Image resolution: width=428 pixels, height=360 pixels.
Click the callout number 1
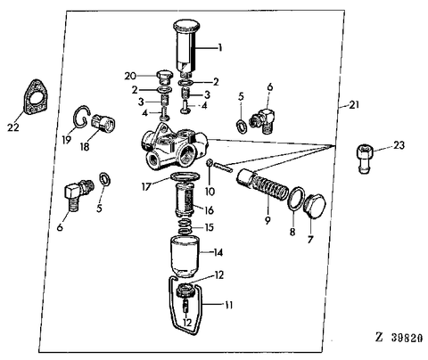[x=220, y=47]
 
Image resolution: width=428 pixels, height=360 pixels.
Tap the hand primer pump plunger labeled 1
[x=185, y=47]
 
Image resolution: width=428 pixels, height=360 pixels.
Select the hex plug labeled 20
[x=163, y=78]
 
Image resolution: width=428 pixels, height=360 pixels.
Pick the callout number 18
[x=85, y=146]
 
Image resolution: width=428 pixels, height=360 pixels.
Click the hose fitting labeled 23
[x=365, y=159]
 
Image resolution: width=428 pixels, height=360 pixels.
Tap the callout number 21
[x=354, y=104]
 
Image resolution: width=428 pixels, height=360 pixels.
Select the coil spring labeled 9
[x=263, y=185]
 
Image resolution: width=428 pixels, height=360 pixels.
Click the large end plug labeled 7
[x=315, y=206]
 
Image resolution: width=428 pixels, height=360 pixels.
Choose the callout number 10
[x=210, y=192]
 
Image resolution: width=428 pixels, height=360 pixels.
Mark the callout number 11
[x=228, y=305]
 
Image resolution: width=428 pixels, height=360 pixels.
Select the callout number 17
[x=146, y=187]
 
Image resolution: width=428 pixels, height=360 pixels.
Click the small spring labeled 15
[x=185, y=227]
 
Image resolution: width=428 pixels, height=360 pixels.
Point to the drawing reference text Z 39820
[x=399, y=338]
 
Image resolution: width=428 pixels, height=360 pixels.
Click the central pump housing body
[x=175, y=147]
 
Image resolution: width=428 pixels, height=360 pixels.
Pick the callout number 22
[x=13, y=127]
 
